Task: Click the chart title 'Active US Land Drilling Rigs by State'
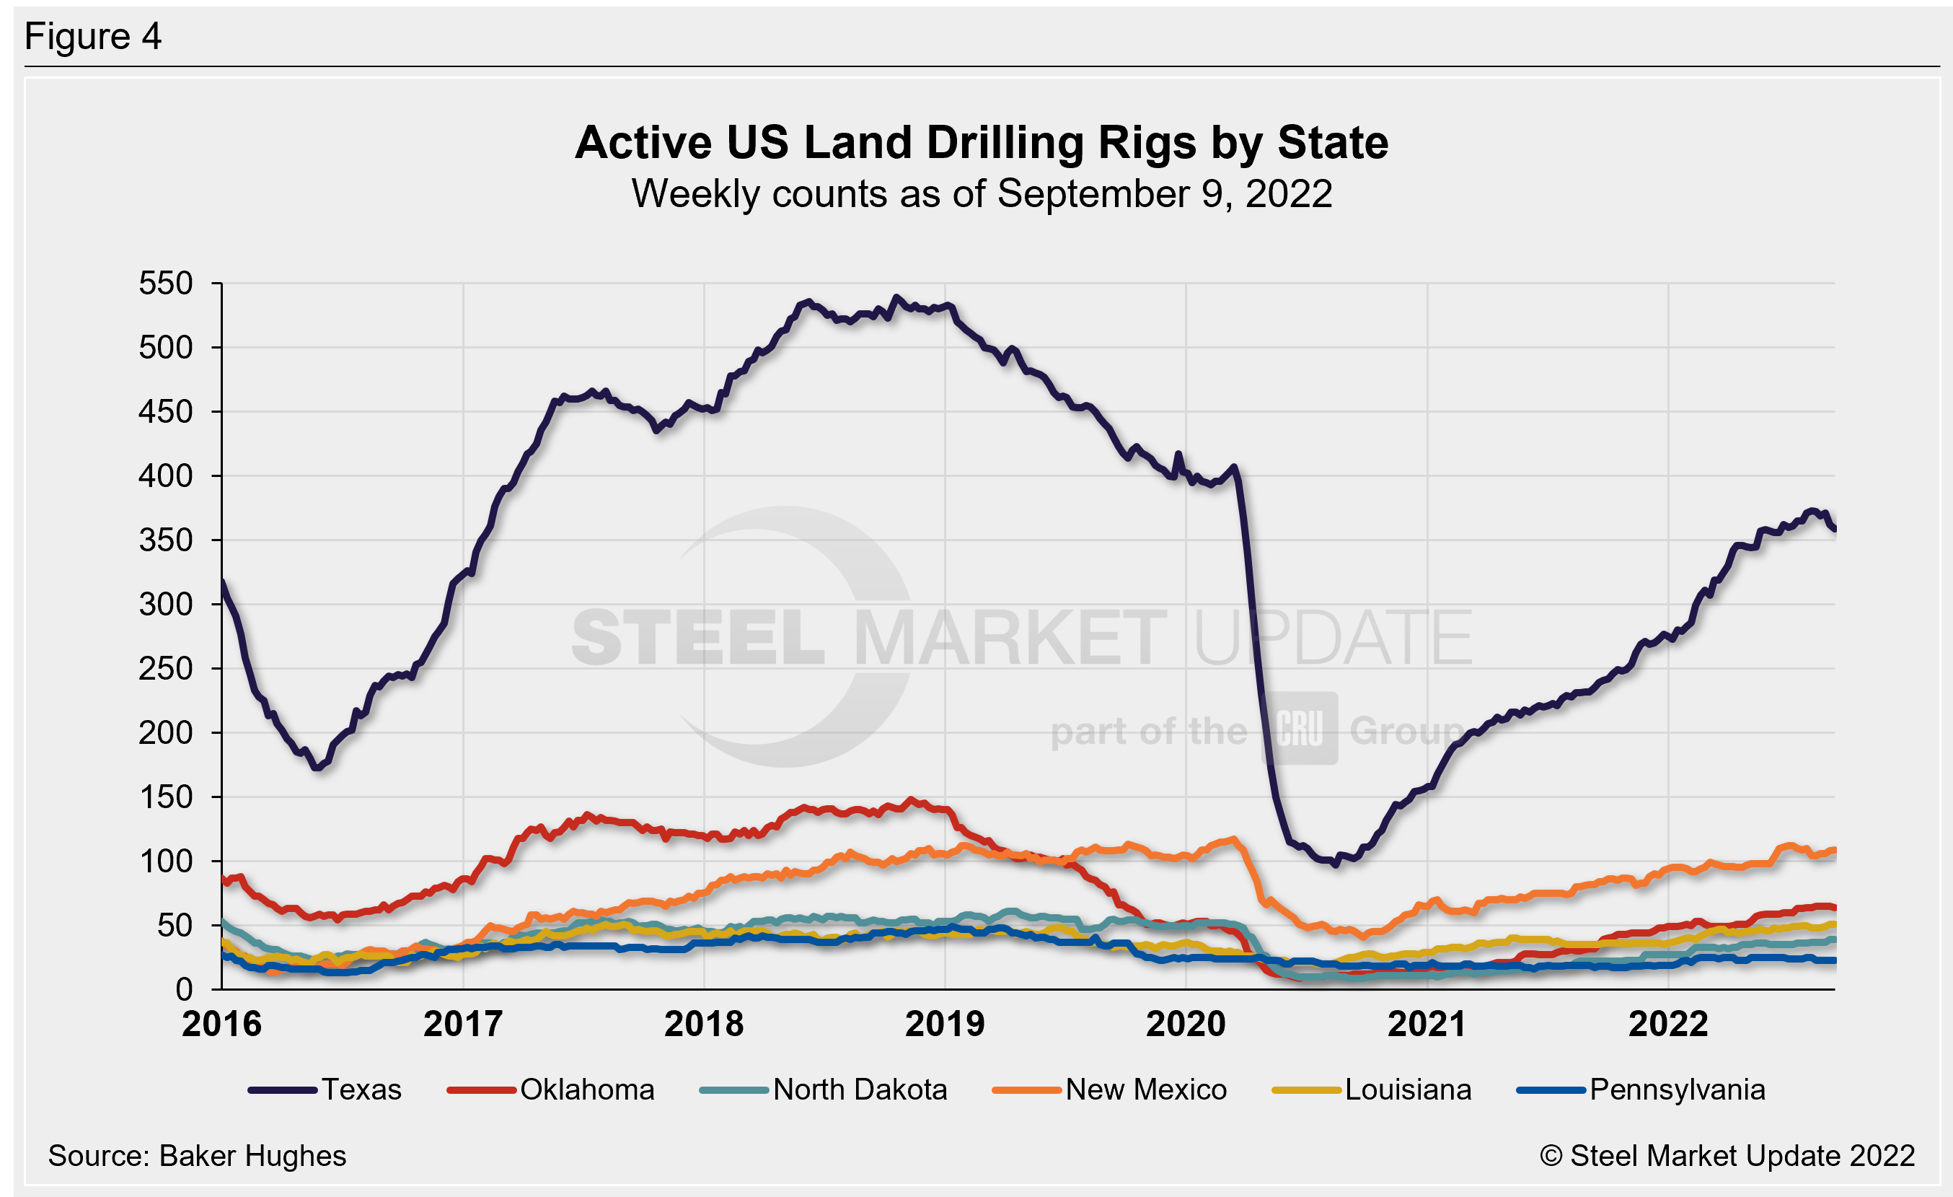[982, 143]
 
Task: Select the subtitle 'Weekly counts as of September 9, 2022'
[982, 194]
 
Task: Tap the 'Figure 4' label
[93, 37]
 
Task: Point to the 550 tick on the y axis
[166, 284]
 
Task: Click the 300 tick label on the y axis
[166, 605]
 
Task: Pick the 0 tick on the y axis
[184, 989]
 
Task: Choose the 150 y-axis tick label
[166, 797]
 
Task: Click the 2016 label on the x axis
[221, 1024]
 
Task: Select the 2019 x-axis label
[945, 1024]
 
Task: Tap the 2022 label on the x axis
[1667, 1024]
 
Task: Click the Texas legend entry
[326, 1090]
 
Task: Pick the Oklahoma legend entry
[552, 1090]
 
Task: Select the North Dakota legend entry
[824, 1090]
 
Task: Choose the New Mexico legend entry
[1110, 1090]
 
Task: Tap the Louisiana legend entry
[1372, 1090]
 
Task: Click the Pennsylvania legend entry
[1641, 1090]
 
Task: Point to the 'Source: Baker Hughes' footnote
[198, 1156]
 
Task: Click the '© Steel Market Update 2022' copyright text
[1727, 1156]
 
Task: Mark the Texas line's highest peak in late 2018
[896, 298]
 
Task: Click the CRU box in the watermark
[1301, 729]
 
